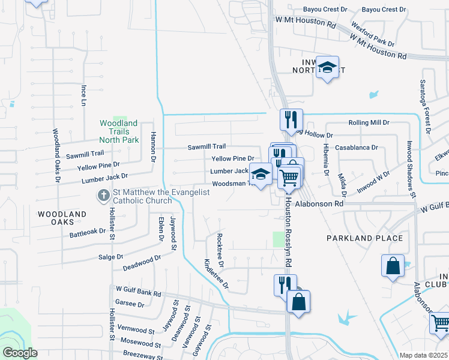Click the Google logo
click(x=20, y=353)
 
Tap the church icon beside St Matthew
click(x=103, y=196)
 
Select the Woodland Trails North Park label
click(x=119, y=131)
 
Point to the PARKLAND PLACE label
click(x=364, y=238)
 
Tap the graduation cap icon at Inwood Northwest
click(x=328, y=68)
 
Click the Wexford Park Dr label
click(x=373, y=35)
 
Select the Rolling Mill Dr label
click(x=369, y=122)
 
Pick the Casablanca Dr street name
click(x=356, y=147)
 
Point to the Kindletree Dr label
click(x=216, y=274)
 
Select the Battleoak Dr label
click(x=88, y=233)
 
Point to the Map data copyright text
click(x=423, y=355)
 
